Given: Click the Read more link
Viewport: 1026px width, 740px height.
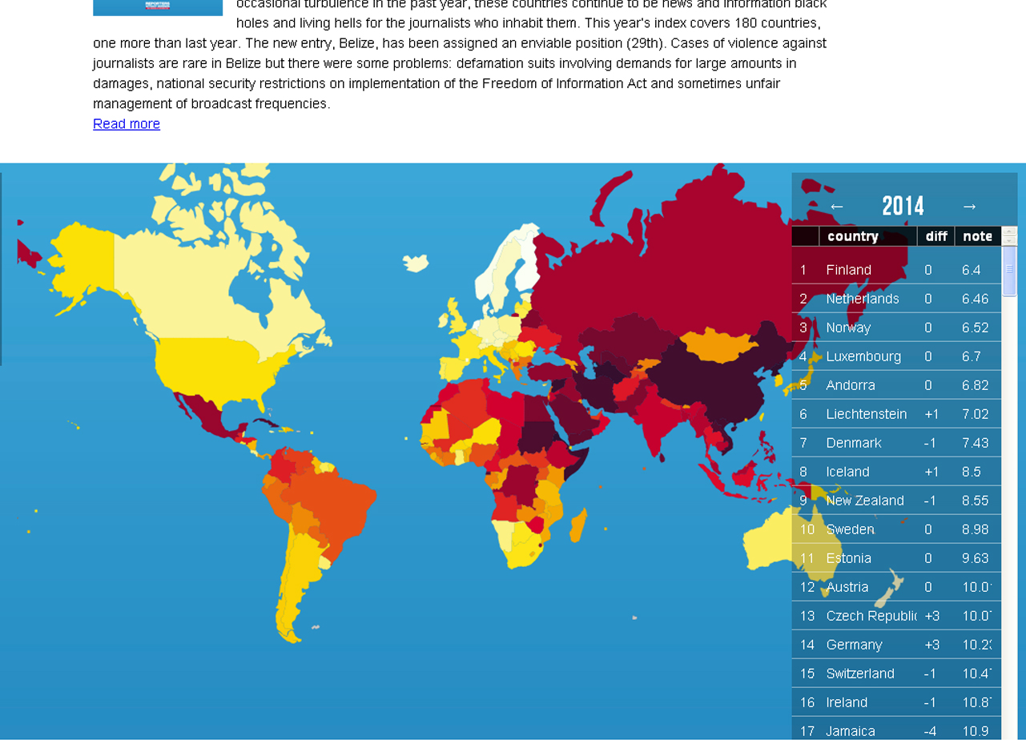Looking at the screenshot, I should [127, 123].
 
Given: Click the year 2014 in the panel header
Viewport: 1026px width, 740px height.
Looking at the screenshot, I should [903, 206].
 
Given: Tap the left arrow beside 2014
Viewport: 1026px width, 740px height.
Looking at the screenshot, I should [837, 207].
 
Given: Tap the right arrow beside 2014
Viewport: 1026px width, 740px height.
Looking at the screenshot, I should [969, 207].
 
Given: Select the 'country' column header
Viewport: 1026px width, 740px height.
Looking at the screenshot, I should [852, 236].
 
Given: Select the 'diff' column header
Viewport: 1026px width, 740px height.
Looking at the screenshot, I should [935, 236].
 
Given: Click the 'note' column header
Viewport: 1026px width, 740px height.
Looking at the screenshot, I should [977, 236].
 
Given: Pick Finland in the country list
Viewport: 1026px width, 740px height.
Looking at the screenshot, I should [848, 270].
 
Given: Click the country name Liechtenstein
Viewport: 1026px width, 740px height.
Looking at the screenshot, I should [866, 414].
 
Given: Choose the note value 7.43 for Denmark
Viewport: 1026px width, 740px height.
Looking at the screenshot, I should [975, 443].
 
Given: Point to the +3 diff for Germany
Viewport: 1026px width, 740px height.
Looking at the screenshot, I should [931, 645].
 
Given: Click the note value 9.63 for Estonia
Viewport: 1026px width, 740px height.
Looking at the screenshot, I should [975, 558].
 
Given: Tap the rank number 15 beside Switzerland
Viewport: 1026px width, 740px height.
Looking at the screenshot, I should [807, 674].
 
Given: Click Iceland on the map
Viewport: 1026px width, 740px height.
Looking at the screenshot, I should [416, 263].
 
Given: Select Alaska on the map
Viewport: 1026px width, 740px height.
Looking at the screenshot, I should [80, 257].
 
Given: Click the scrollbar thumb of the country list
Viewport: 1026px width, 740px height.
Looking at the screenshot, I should [1009, 270].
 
